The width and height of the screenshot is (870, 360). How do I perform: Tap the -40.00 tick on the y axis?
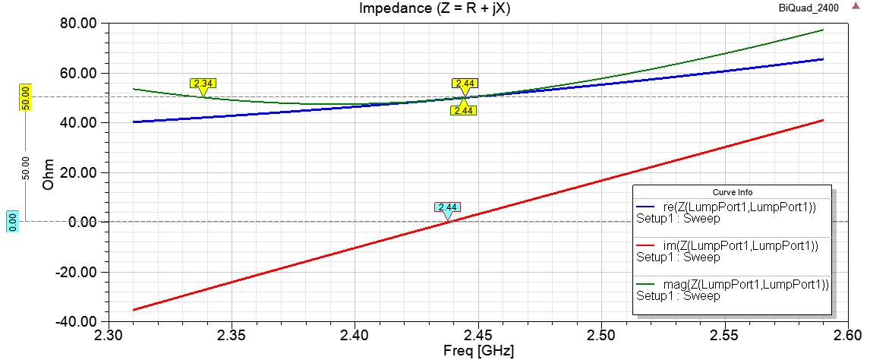point(80,321)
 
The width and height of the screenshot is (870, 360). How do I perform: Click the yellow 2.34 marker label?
point(203,84)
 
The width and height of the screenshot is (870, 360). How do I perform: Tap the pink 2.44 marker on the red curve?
point(446,207)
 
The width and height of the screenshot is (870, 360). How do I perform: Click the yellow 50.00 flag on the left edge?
point(24,98)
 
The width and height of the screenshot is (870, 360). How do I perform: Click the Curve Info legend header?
point(732,191)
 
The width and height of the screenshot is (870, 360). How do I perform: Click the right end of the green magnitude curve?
point(823,30)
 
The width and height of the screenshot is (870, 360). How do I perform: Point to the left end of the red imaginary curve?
point(134,309)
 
